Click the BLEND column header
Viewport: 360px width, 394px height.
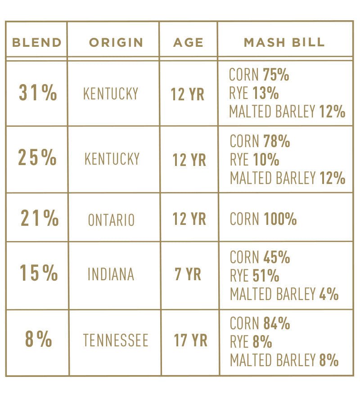pyautogui.click(x=36, y=43)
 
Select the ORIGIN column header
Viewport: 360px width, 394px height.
pyautogui.click(x=116, y=43)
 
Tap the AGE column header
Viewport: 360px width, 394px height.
pyautogui.click(x=188, y=43)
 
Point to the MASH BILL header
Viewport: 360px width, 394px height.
pyautogui.click(x=284, y=43)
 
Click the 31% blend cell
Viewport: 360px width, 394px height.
pyautogui.click(x=38, y=93)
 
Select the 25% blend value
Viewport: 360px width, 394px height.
pyautogui.click(x=37, y=157)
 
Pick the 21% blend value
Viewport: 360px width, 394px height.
pyautogui.click(x=40, y=218)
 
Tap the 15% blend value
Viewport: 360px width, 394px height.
pyautogui.click(x=39, y=273)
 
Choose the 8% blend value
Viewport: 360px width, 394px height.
pyautogui.click(x=38, y=339)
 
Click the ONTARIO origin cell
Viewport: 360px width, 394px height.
pyautogui.click(x=111, y=220)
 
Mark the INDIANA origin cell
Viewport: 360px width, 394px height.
pyautogui.click(x=111, y=274)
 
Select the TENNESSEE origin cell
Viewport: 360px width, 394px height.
pyautogui.click(x=116, y=340)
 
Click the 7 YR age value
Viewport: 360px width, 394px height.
pyautogui.click(x=188, y=274)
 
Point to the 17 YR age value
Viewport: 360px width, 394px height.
pyautogui.click(x=191, y=340)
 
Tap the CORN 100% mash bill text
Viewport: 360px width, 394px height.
pyautogui.click(x=263, y=219)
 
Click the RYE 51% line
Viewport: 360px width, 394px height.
pyautogui.click(x=254, y=275)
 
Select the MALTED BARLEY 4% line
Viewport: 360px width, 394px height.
pyautogui.click(x=284, y=294)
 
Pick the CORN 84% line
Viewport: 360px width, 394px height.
pyautogui.click(x=260, y=323)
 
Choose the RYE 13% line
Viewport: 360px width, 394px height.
pyautogui.click(x=254, y=94)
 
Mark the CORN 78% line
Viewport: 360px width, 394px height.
pyautogui.click(x=260, y=141)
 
